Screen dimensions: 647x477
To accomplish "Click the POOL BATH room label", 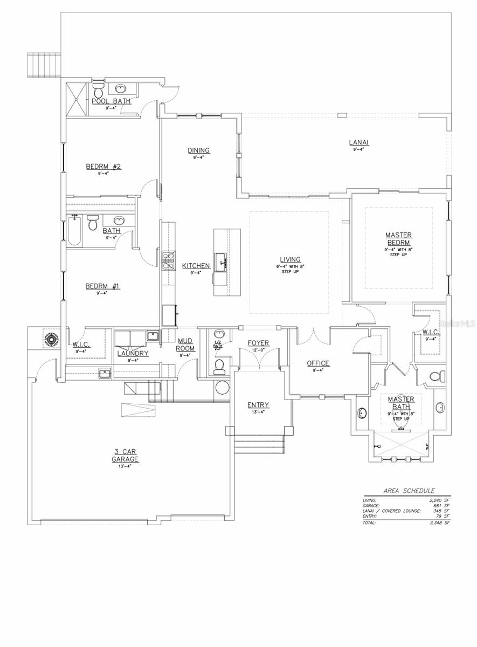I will (x=111, y=101).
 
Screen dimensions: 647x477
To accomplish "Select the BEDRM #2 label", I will (x=103, y=167).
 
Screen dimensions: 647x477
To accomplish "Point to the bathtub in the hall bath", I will (x=74, y=230).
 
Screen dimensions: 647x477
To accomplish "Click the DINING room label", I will (x=198, y=150).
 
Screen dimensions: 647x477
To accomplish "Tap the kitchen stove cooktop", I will (x=169, y=260).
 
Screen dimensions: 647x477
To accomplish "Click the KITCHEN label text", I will (x=196, y=266).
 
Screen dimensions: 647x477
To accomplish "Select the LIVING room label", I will (x=290, y=259).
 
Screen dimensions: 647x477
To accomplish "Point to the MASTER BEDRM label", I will (x=399, y=239).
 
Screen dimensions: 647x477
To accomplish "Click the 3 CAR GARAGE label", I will (x=125, y=456).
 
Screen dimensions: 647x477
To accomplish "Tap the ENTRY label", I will (x=258, y=405).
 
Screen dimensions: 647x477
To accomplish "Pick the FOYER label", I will (x=258, y=343).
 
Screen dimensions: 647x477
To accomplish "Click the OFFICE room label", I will (x=318, y=363).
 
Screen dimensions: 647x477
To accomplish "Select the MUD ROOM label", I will (x=185, y=345).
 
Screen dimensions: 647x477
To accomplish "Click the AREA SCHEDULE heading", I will (x=409, y=491).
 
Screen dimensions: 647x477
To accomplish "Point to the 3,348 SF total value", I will (x=439, y=522).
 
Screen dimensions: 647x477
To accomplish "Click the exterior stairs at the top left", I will (x=45, y=64).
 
